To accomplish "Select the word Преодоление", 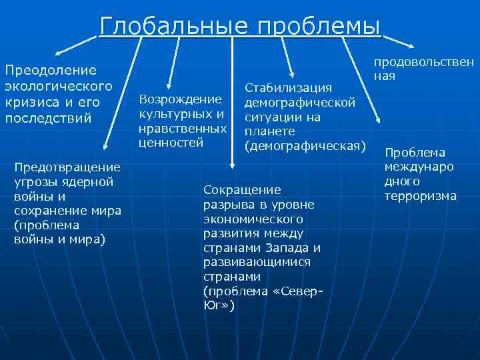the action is tap(51, 69).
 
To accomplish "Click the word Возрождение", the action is tap(180, 99).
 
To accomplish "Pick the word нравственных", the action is tap(183, 128).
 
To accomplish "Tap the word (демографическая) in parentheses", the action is tap(306, 145).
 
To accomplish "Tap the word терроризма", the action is tap(421, 196).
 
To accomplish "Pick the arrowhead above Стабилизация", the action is tap(291, 73).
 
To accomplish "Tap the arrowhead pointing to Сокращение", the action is tap(232, 163).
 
